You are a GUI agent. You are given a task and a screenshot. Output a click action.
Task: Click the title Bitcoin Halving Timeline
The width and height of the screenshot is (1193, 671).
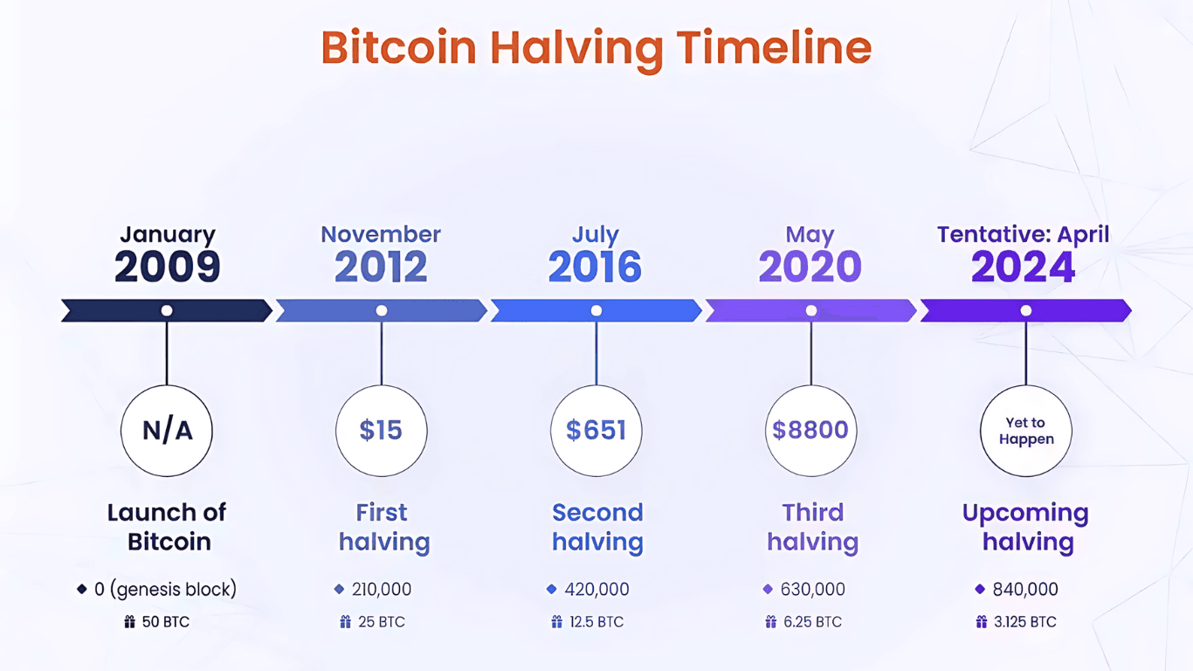click(x=596, y=47)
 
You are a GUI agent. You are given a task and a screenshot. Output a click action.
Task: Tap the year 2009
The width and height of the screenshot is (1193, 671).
click(x=167, y=267)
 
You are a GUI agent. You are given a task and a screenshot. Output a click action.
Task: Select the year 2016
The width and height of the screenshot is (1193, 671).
click(x=596, y=267)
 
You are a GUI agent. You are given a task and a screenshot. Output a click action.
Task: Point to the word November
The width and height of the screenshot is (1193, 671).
click(x=381, y=234)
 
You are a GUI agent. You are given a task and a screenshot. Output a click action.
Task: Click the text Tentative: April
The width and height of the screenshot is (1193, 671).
click(x=1024, y=234)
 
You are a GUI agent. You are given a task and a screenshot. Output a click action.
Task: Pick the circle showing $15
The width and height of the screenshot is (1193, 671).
click(x=382, y=430)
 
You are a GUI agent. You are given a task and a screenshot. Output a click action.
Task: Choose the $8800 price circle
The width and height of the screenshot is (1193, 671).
click(x=810, y=430)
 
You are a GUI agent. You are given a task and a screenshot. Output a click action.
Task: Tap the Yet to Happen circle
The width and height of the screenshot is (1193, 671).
click(x=1026, y=431)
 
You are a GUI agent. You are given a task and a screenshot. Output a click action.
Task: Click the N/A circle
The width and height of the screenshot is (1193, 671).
click(x=167, y=430)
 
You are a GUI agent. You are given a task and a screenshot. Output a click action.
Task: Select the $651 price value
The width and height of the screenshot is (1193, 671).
click(x=596, y=430)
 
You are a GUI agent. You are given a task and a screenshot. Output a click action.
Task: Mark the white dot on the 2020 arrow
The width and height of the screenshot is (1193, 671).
click(x=811, y=310)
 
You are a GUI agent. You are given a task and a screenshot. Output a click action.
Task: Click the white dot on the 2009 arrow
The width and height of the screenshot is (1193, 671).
click(x=167, y=310)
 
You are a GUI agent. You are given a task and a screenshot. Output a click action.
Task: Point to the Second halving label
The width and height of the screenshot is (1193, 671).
click(x=597, y=527)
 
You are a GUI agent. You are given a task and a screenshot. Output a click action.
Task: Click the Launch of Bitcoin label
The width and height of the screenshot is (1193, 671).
click(x=168, y=527)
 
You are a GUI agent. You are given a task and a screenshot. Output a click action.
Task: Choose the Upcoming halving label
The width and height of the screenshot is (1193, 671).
click(x=1026, y=527)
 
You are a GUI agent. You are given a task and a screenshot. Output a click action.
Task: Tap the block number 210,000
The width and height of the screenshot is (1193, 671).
click(x=382, y=590)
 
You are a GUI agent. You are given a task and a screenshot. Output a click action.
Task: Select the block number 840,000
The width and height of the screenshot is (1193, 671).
click(x=1025, y=590)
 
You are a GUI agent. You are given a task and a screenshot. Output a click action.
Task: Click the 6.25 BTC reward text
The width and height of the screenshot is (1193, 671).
click(x=811, y=622)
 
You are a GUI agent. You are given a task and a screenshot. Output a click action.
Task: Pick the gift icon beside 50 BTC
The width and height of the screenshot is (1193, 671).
click(x=130, y=622)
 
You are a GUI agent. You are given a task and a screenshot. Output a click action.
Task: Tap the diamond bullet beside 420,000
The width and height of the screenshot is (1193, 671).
click(x=551, y=590)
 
